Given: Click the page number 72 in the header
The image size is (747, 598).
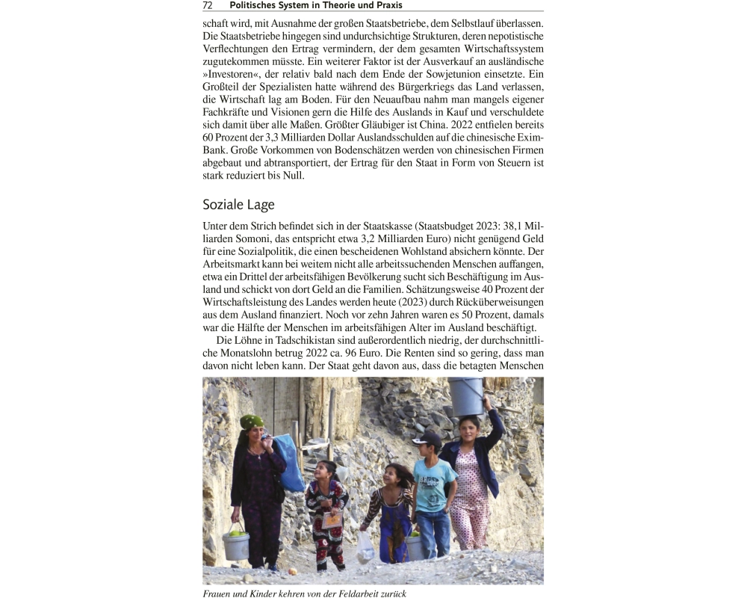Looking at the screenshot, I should pyautogui.click(x=208, y=5).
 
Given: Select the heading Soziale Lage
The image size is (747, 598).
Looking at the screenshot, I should pyautogui.click(x=238, y=204).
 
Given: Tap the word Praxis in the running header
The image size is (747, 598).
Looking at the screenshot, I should pyautogui.click(x=385, y=5).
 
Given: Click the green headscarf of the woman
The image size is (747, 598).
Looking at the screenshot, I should pyautogui.click(x=252, y=422).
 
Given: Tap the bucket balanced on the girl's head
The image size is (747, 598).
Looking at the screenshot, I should pyautogui.click(x=465, y=395).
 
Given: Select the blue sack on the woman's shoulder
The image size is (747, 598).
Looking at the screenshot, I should pyautogui.click(x=291, y=462).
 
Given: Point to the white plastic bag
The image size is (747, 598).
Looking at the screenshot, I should pyautogui.click(x=365, y=548).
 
